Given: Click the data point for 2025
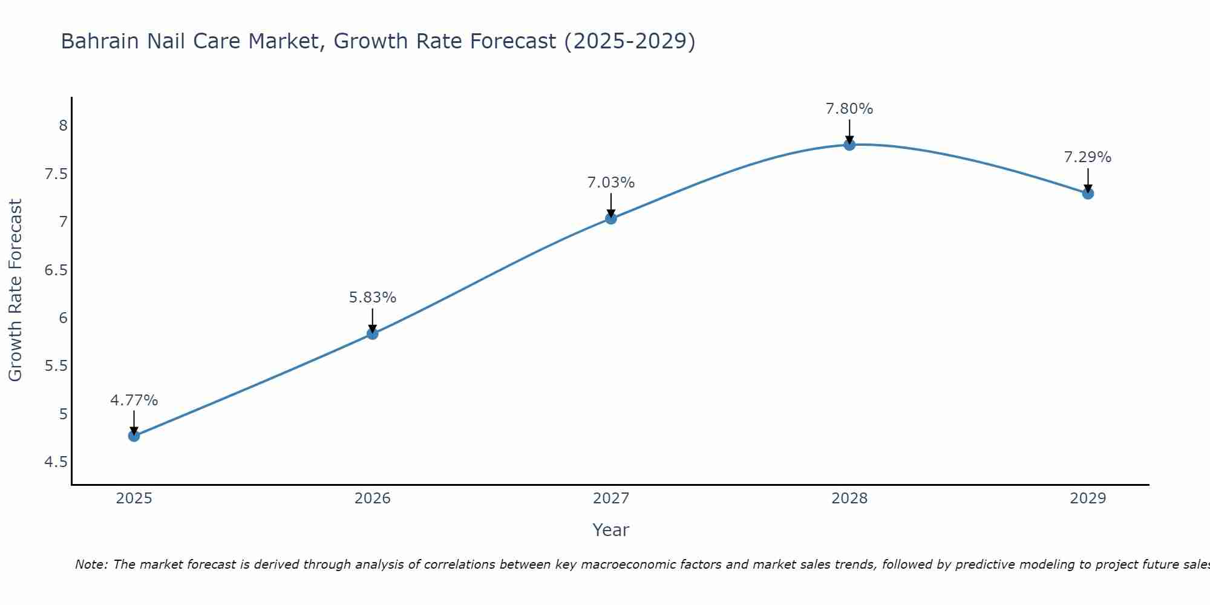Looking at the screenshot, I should coord(134,436).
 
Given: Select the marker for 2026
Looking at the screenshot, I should coord(373,333).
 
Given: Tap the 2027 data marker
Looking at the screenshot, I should coord(611,218).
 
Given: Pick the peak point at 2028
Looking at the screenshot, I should coord(849,145).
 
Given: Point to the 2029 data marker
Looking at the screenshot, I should coord(1088,194).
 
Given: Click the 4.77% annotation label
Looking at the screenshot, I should coord(134,401).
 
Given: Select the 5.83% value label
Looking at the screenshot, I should coord(373,298).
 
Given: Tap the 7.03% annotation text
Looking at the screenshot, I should coord(611,183).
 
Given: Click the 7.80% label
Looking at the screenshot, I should coord(849,109).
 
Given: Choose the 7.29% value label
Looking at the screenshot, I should coord(1088,157).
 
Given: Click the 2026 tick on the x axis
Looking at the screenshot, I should coord(373,499).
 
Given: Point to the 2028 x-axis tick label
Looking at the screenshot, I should coord(849,499).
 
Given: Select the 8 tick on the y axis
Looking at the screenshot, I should coord(63,126).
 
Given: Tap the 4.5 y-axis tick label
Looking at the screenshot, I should coord(56,462).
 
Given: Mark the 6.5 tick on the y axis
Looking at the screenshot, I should coord(56,270).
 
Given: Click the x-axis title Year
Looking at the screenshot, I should coord(611,530).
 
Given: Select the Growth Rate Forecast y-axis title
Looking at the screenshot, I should coord(15,290).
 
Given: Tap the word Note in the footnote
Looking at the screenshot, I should coord(91,564).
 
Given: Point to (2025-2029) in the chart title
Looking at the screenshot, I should coord(629,41).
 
